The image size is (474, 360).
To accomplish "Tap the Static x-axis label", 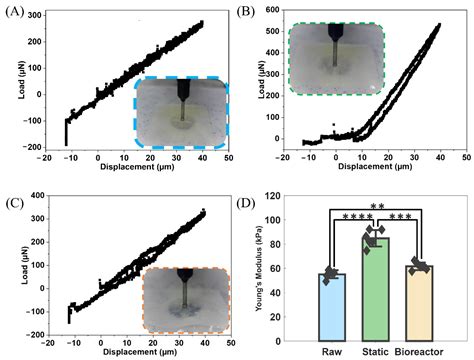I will [x=375, y=351].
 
